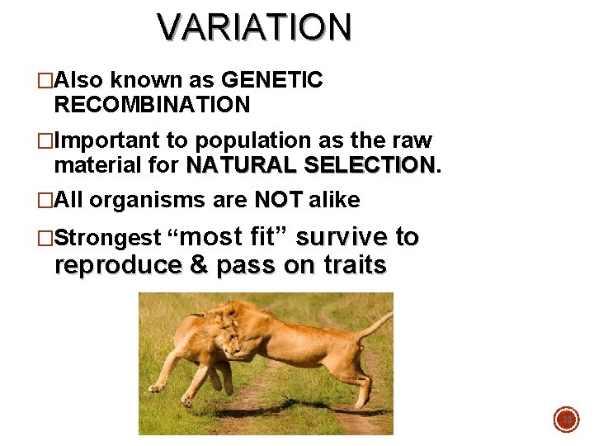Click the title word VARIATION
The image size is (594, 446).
coord(255,27)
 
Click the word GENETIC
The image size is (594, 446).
coord(272,80)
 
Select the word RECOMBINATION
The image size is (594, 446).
coord(152,105)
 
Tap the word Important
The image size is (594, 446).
coord(113,140)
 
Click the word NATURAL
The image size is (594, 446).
coord(242,165)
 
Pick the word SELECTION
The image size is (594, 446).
coord(369,165)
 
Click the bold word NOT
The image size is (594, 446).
coord(278,200)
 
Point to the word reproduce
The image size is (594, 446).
coord(118,265)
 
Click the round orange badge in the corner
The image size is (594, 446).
coord(566,420)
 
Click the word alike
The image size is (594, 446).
coord(334,200)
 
